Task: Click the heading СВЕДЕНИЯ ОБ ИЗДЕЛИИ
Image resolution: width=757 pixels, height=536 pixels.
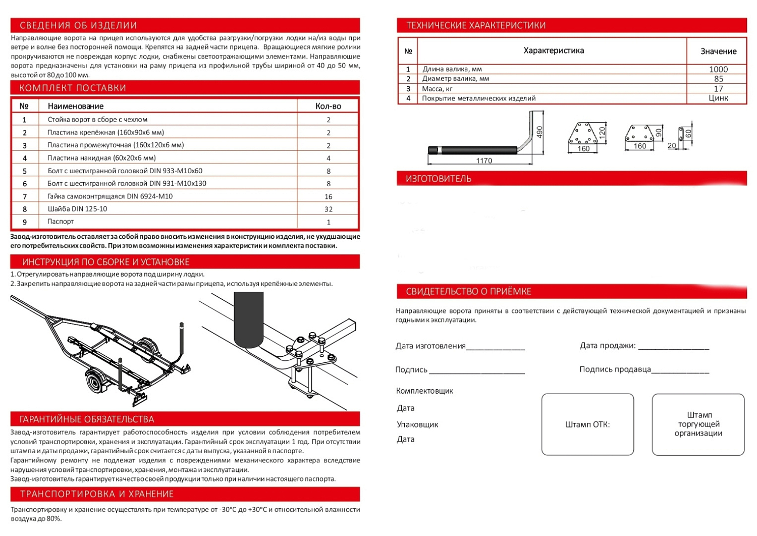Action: coord(78,25)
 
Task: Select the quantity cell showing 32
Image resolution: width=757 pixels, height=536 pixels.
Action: coord(328,209)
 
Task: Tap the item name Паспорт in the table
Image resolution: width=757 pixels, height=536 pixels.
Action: coord(61,222)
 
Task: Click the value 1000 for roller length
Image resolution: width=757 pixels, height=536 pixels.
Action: coord(718,69)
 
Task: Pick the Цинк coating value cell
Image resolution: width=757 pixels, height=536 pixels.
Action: coord(718,98)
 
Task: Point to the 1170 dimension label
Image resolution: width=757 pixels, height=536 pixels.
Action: coord(484,160)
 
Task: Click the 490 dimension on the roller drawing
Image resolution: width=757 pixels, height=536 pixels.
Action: coord(539,132)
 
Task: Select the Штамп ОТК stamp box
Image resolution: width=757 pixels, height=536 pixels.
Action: coord(587,424)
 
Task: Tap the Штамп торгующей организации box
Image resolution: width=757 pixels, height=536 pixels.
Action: coord(698,424)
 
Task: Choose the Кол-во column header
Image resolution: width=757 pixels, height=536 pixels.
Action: coord(328,106)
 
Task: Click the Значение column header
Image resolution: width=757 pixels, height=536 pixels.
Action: coord(718,51)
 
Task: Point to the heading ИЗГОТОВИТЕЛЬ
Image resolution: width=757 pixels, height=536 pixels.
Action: coord(439,179)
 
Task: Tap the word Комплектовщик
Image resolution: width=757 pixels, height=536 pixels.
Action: coord(424,391)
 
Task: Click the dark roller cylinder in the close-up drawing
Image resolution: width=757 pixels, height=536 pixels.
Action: coord(249,318)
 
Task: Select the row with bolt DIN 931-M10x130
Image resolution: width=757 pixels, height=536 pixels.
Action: coord(127,183)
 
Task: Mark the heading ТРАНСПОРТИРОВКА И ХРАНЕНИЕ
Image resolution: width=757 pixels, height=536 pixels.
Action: coord(97,494)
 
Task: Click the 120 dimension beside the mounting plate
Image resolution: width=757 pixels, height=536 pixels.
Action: coord(602,133)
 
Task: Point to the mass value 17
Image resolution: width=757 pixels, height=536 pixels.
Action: coord(718,88)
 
